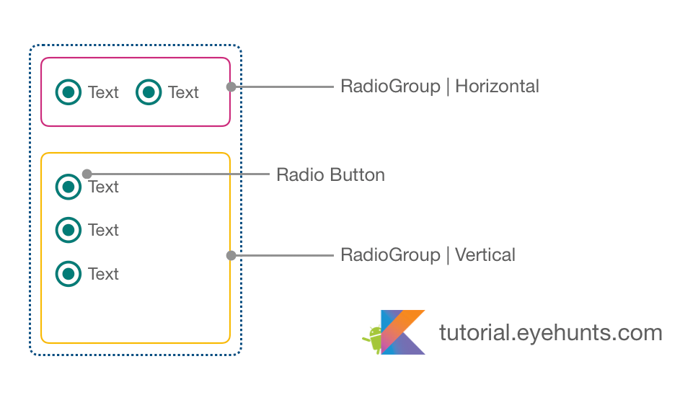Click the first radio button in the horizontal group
click(69, 92)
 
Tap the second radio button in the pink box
click(149, 92)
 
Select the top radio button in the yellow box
click(69, 187)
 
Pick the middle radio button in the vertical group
click(69, 230)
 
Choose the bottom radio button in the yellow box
click(69, 273)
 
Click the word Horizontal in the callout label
click(497, 86)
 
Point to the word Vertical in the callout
click(485, 255)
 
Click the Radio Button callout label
click(330, 175)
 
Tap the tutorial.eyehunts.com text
click(550, 332)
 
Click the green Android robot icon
click(373, 339)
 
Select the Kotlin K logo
click(403, 332)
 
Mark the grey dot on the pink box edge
click(231, 86)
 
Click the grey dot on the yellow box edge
click(231, 255)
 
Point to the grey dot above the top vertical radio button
click(87, 174)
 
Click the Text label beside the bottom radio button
click(103, 274)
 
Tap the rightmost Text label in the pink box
click(183, 92)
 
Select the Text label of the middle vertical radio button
click(103, 231)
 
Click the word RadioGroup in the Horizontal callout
click(390, 86)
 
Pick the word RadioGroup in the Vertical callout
click(390, 255)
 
